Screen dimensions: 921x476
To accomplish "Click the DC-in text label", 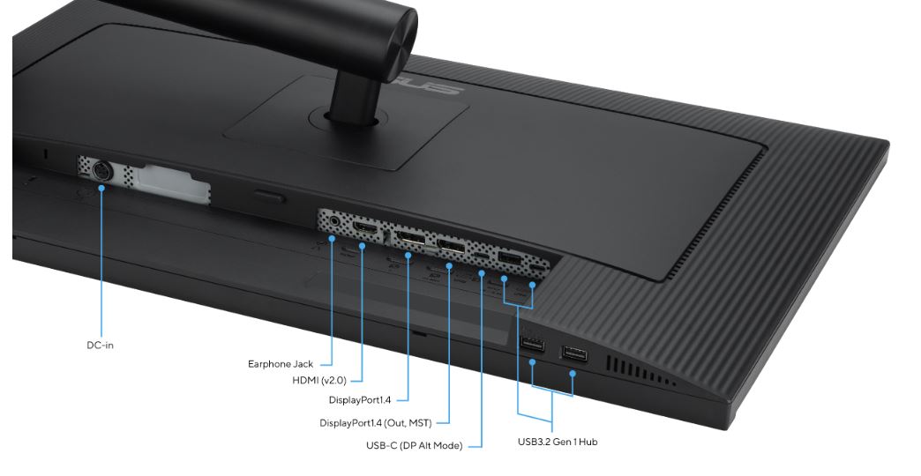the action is point(100,346).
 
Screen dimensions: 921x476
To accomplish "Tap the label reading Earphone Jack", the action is point(281,364).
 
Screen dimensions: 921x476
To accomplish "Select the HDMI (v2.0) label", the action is point(319,380).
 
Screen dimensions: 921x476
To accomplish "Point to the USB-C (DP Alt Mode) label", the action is point(414,445).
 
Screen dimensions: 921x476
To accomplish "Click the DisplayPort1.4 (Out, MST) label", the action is point(375,422).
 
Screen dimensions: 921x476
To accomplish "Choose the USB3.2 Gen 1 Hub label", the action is point(558,442).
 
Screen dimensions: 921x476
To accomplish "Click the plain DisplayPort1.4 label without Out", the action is point(359,400).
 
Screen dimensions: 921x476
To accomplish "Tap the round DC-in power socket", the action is point(101,171).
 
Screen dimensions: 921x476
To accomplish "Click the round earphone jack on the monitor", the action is point(335,221).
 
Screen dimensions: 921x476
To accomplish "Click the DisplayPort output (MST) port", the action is point(451,246).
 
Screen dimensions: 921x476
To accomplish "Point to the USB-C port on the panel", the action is point(483,257).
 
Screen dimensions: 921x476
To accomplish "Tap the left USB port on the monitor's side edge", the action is point(532,344).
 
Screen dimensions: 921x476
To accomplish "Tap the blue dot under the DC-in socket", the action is point(101,188).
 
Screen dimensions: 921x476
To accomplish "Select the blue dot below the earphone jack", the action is point(332,238).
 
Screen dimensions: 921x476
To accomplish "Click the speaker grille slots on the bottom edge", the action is point(640,371).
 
